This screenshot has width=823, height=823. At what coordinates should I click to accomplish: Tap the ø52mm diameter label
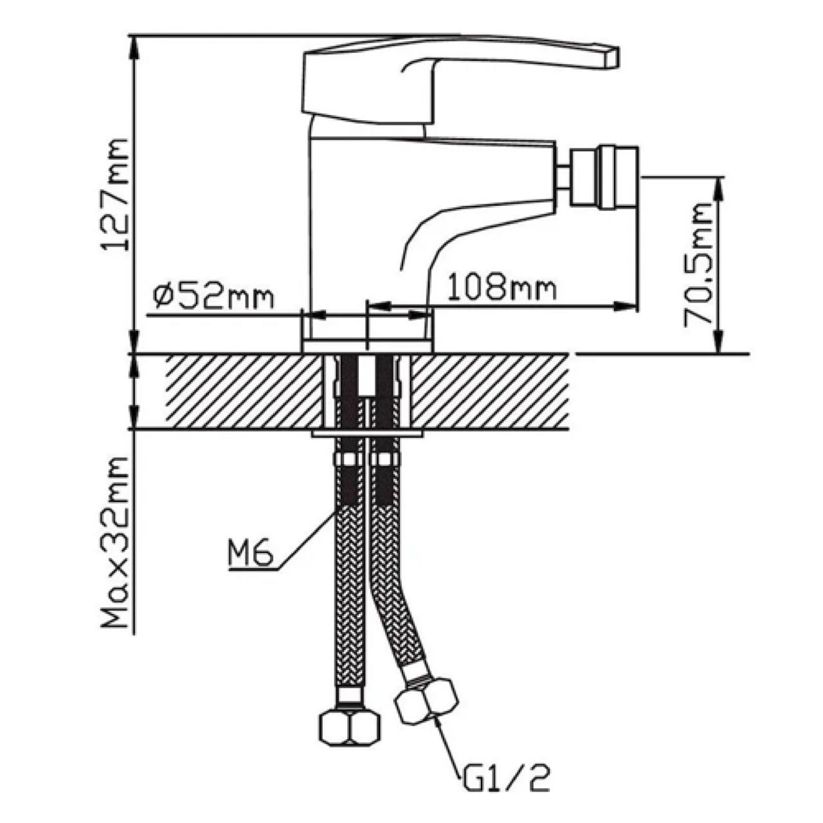pyautogui.click(x=213, y=296)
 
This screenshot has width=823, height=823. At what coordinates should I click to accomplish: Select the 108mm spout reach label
pyautogui.click(x=501, y=287)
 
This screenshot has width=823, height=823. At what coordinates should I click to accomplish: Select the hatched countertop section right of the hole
pyautogui.click(x=489, y=391)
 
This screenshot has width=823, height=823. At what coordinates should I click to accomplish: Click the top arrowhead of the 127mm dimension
pyautogui.click(x=134, y=40)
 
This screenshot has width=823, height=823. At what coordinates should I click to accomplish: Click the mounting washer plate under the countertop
pyautogui.click(x=368, y=434)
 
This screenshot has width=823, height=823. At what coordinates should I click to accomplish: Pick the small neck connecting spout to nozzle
pyautogui.click(x=564, y=177)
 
